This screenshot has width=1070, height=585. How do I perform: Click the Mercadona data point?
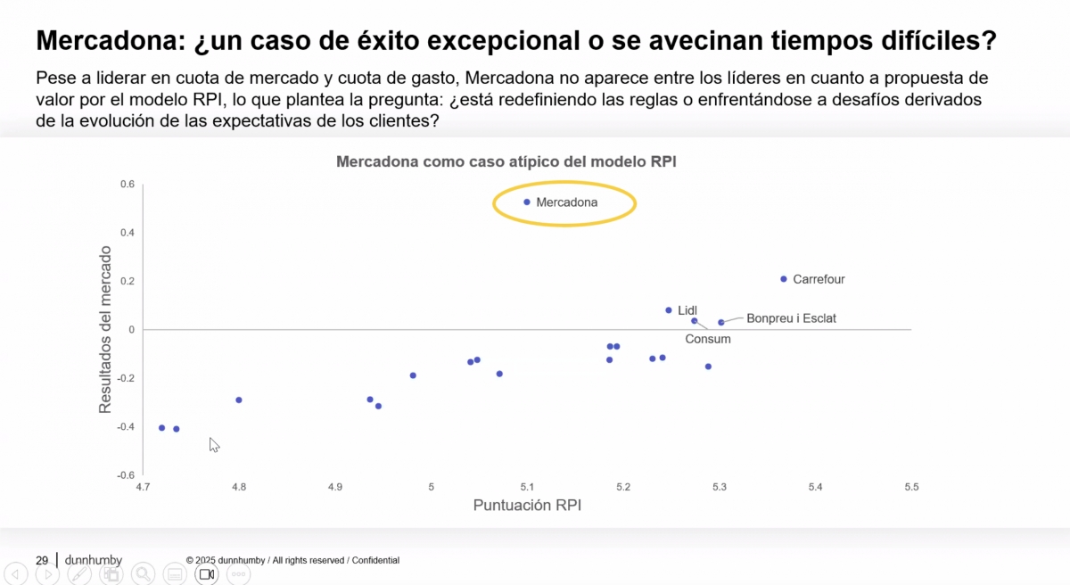527,202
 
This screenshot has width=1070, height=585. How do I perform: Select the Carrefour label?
819,279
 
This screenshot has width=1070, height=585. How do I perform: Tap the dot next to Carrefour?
784,279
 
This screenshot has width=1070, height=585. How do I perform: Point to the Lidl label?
687,310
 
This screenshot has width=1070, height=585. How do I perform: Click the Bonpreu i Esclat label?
791,318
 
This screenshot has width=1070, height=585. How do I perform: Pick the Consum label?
708,339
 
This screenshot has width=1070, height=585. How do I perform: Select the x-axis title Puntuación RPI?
527,506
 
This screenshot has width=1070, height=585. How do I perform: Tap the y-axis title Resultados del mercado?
105,330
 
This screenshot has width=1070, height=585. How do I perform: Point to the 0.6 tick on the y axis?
128,185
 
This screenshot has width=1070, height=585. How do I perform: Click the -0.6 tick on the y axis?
126,475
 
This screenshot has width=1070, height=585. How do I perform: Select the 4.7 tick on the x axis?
144,487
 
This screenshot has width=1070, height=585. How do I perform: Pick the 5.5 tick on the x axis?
911,487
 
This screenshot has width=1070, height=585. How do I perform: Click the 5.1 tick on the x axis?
527,487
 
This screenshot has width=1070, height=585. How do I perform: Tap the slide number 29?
42,560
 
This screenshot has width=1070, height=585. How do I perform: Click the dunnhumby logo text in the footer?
94,560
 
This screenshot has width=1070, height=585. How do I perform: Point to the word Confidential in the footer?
375,561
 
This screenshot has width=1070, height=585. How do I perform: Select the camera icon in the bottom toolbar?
206,574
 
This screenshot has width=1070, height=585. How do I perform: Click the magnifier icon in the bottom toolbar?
143,574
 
